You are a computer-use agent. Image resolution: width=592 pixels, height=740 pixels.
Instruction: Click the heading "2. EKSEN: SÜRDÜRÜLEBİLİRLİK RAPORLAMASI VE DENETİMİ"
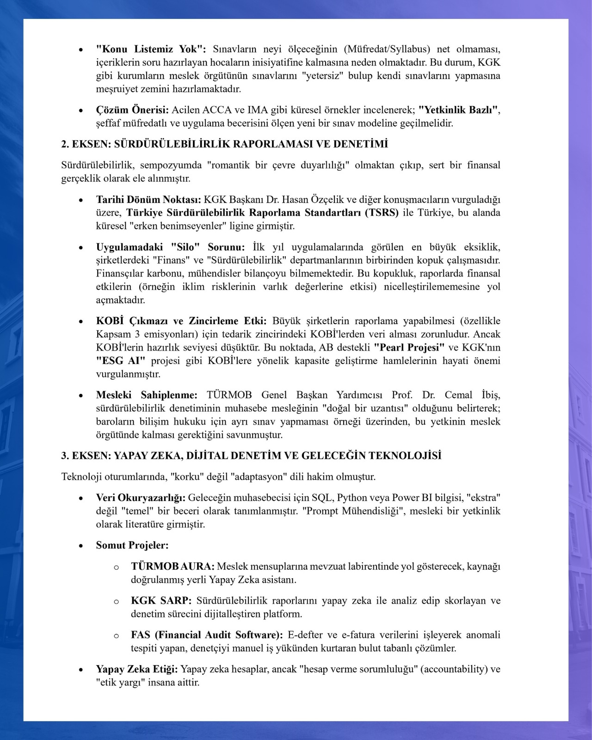pos(224,144)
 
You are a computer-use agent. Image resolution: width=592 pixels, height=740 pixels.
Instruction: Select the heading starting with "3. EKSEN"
pos(251,456)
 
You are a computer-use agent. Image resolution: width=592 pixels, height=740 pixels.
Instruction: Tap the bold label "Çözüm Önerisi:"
pos(132,110)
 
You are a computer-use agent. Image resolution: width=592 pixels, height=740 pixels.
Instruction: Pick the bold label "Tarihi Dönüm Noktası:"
pos(148,200)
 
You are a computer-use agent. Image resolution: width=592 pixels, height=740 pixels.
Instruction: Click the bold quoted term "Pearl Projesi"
pos(409,347)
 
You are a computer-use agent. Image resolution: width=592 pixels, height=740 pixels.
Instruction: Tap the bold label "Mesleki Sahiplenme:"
pos(147,395)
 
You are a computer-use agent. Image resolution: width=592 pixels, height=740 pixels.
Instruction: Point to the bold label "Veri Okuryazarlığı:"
pos(141,498)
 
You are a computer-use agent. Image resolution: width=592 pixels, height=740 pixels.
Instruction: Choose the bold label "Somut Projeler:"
pos(132,545)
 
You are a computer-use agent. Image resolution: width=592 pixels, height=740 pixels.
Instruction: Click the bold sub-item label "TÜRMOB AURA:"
pos(173,567)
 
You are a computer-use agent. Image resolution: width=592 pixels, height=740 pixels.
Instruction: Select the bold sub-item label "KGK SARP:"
pos(161,601)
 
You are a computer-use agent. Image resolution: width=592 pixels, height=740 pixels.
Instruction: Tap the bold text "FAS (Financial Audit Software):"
pos(207,635)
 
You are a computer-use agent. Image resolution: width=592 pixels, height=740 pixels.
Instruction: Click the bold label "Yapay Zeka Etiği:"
pos(137,669)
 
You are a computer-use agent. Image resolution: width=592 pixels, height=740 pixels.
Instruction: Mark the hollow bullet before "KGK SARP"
pos(117,602)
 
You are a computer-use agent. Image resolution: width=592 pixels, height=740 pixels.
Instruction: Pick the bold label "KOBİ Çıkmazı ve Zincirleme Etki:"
pos(181,321)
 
